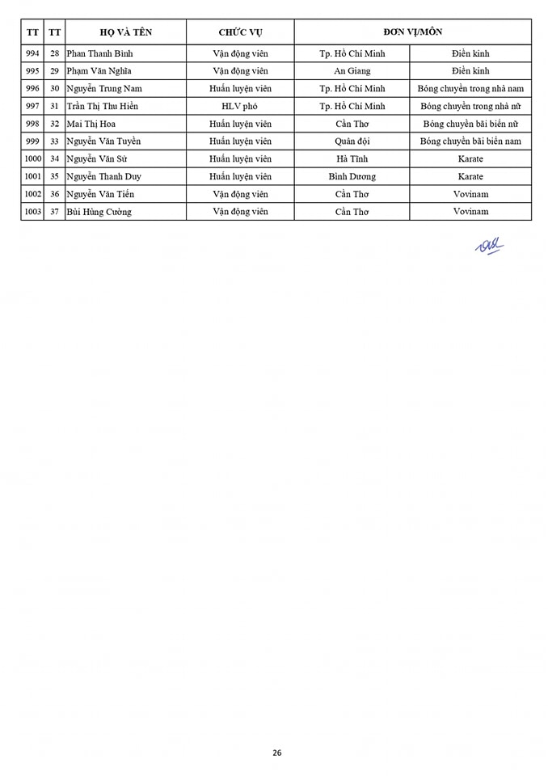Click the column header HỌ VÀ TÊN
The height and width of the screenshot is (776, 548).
[x=125, y=32]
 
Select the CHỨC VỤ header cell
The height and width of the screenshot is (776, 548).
[x=240, y=32]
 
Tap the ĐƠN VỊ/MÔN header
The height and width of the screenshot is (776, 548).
[x=412, y=32]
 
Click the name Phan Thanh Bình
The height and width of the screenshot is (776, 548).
[x=99, y=53]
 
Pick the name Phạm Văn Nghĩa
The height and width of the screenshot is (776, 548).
[x=100, y=71]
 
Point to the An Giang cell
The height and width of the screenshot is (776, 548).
[x=352, y=71]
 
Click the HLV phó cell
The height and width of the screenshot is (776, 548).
[x=240, y=106]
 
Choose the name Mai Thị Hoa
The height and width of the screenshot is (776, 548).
[x=91, y=124]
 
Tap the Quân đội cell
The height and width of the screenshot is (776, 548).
[x=352, y=141]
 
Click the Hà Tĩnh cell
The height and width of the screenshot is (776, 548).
[x=352, y=159]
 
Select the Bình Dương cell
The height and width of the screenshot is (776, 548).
[x=352, y=176]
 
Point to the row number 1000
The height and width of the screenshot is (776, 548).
[x=32, y=159]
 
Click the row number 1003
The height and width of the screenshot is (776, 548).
[x=32, y=212]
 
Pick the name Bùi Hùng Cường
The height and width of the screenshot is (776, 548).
[x=99, y=212]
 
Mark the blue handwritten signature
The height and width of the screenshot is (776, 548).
[x=489, y=246]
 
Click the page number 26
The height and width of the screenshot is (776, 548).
[x=276, y=753]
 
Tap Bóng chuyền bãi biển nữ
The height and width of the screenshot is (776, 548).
[x=470, y=124]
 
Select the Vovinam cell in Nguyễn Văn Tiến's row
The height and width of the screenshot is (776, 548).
[x=470, y=194]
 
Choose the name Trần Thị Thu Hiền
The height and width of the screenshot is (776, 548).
[x=107, y=106]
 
